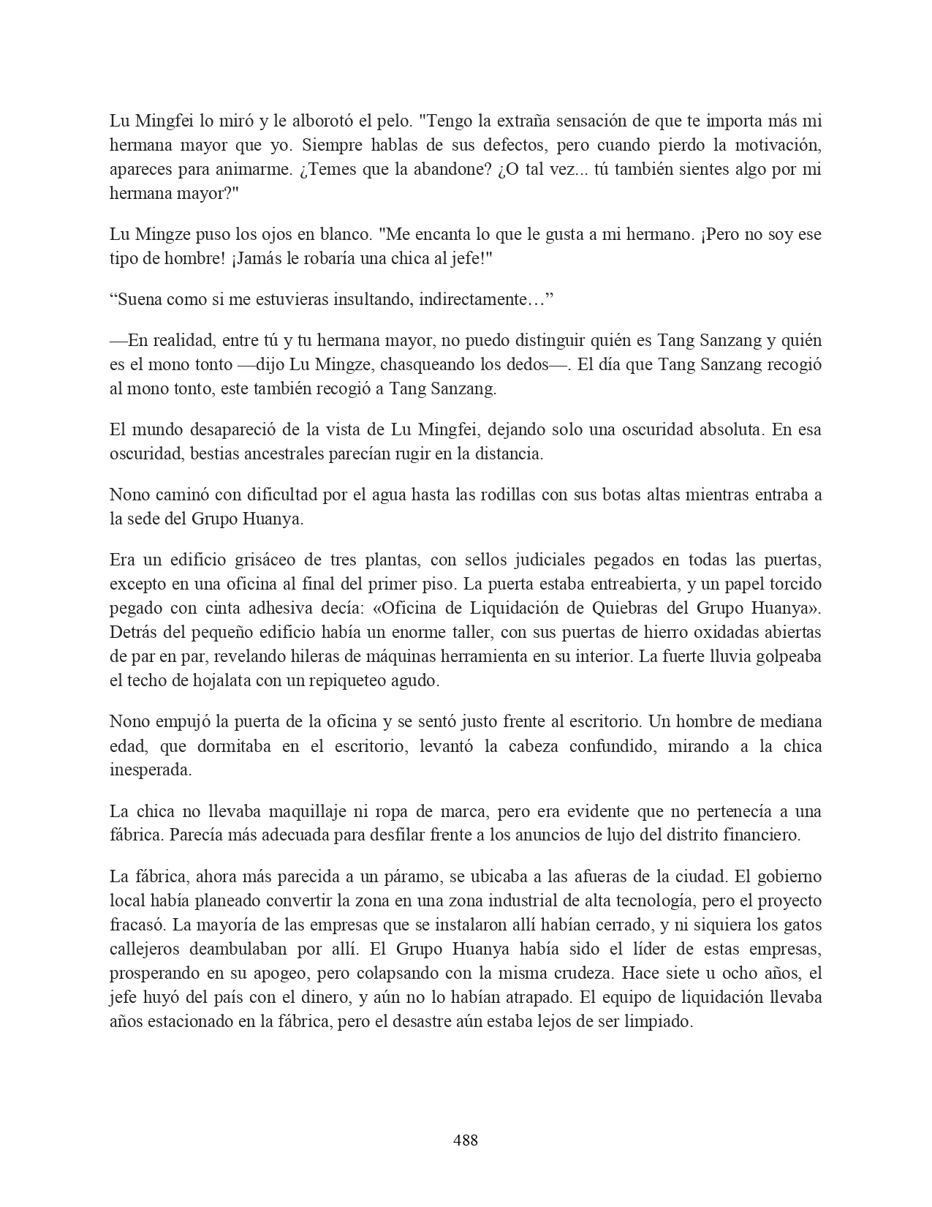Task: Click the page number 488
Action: [466, 1139]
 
